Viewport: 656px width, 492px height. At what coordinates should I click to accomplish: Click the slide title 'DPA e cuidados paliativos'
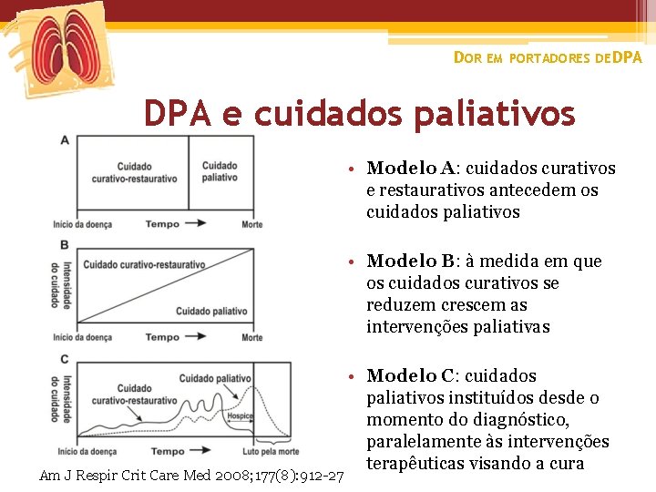(359, 114)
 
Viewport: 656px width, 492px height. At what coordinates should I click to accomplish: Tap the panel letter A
(65, 139)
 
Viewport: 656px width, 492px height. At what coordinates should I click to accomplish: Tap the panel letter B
(65, 244)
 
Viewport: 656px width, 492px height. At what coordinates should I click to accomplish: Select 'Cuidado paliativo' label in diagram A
(220, 171)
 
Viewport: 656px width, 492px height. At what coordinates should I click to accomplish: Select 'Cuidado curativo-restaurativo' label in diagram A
(134, 172)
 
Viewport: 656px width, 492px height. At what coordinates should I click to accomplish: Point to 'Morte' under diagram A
(252, 224)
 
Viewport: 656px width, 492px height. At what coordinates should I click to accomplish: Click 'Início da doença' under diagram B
(83, 337)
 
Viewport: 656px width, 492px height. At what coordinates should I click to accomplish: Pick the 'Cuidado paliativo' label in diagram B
(211, 312)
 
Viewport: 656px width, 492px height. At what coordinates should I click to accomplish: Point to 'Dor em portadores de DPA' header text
(548, 57)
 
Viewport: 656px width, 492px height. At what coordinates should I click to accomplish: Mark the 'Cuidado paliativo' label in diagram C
(216, 378)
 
